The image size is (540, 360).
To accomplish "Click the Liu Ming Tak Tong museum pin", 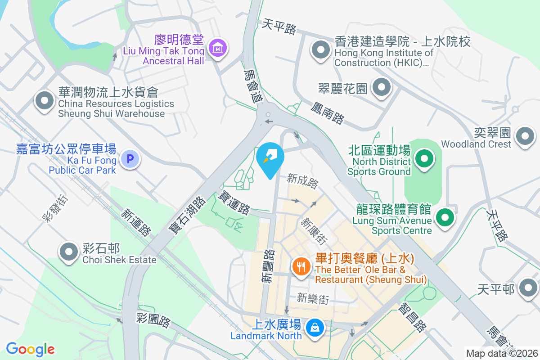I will coord(218,47).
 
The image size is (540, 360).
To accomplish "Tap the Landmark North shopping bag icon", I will coord(314,327).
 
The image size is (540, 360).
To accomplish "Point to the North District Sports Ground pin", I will coord(423,159).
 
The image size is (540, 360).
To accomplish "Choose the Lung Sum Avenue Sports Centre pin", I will coord(445,217).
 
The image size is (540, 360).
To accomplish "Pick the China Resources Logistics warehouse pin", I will coord(45,100).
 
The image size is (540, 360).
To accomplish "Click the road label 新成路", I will coord(303,182).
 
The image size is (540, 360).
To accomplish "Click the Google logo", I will coord(30,349).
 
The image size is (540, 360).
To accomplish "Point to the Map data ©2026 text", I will coord(502,354).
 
